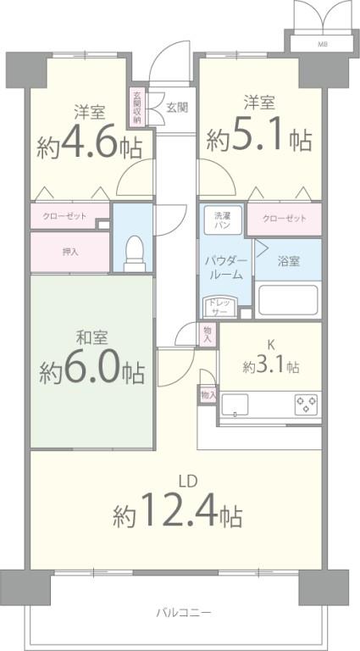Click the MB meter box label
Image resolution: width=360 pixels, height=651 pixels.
coord(323,42)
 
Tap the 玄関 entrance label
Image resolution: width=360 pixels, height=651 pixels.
coord(177,108)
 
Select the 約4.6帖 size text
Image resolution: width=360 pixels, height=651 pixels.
coord(88,147)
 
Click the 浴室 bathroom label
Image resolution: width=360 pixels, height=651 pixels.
coord(289,261)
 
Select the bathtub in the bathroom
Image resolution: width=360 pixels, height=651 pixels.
coord(286,300)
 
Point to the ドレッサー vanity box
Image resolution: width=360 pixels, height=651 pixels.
coord(218,306)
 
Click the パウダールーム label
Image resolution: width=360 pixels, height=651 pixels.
coord(225,266)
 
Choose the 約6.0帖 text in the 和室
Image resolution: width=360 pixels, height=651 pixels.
coord(91,371)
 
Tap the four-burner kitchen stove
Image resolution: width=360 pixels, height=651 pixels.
coord(307,403)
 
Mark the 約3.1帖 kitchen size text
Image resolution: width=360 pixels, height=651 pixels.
coord(269,367)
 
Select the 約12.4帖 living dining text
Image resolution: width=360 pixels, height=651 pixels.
coord(179,511)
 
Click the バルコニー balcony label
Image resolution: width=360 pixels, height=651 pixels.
coord(183,612)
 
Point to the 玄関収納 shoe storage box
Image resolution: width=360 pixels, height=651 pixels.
coord(137,108)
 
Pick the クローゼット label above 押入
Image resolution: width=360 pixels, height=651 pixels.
coord(64,216)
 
